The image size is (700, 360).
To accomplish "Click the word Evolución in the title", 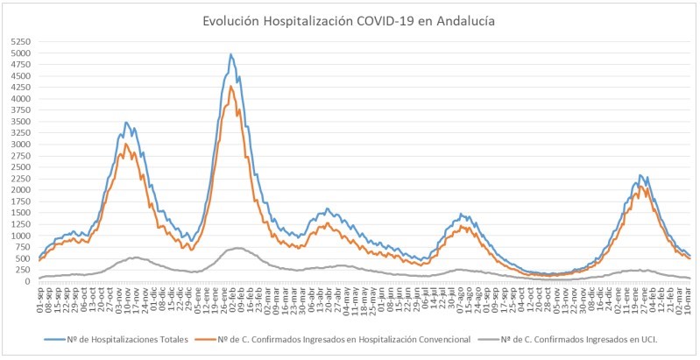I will tap(231, 19).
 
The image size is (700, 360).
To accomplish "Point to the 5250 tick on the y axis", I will tap(20, 42).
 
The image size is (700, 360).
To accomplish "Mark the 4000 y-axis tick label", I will tap(20, 99).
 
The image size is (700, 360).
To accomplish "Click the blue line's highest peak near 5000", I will tap(230, 54).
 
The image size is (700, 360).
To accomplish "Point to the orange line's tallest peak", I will tap(230, 87).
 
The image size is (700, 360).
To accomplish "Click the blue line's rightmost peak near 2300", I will tap(640, 175).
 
